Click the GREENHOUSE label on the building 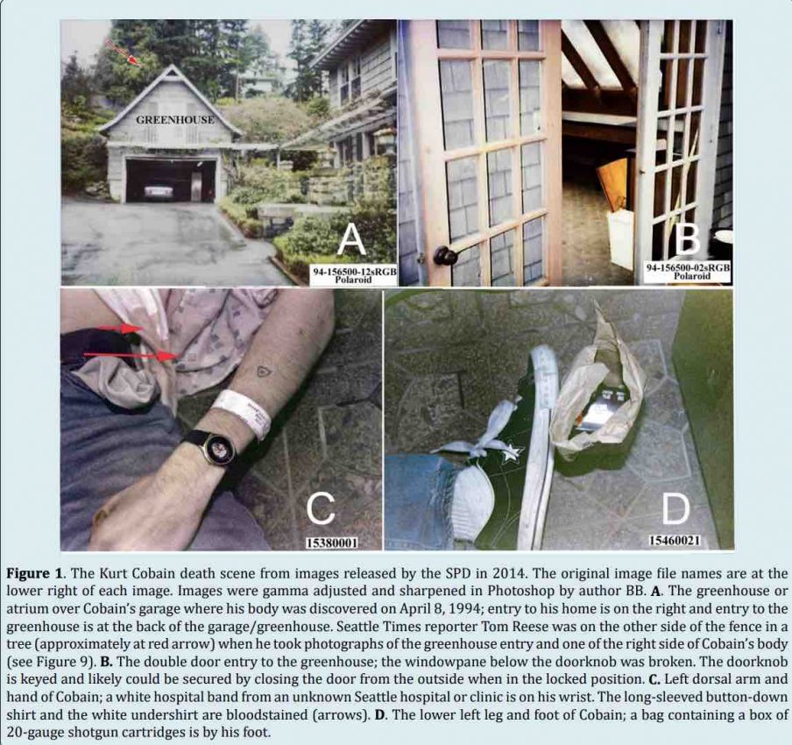[168, 118]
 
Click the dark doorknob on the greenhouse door [445, 256]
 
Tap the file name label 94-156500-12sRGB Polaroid [354, 276]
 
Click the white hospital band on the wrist [242, 411]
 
